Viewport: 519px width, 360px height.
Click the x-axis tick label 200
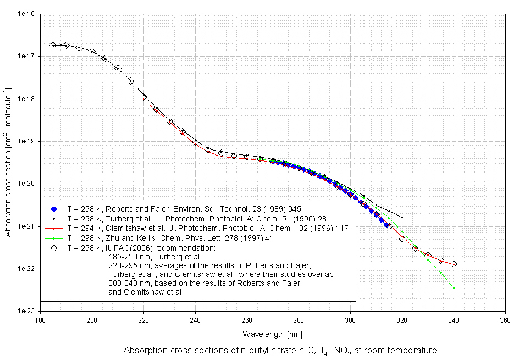pos(92,318)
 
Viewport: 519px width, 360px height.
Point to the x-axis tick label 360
pos(505,318)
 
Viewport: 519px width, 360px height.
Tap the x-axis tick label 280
pos(299,318)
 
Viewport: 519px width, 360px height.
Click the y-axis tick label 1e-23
pos(25,311)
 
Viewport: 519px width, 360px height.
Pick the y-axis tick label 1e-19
pos(25,141)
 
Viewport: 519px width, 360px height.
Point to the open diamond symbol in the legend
pos(54,247)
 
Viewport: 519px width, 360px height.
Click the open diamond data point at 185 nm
pos(53,45)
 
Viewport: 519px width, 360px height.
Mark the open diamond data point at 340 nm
pos(454,264)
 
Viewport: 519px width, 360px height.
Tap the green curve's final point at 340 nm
pos(454,288)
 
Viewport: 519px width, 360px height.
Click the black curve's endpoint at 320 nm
pos(402,218)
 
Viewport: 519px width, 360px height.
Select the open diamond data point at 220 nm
pos(143,97)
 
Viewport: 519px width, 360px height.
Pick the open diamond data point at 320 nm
pos(402,239)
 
